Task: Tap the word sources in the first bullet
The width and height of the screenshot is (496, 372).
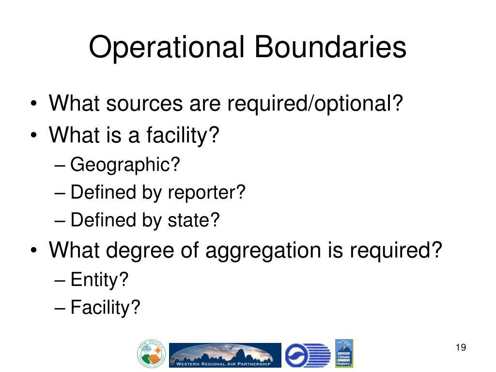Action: [x=149, y=104]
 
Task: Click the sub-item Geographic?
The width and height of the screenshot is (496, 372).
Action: [x=125, y=165]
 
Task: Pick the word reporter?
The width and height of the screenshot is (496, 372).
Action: [x=207, y=193]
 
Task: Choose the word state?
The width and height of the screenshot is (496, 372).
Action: [x=194, y=220]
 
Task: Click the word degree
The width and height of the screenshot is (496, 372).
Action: [x=143, y=251]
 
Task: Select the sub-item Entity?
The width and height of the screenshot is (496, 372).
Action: [x=99, y=279]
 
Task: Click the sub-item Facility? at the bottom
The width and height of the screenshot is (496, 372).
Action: [x=105, y=307]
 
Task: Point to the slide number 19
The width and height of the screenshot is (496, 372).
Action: [x=460, y=348]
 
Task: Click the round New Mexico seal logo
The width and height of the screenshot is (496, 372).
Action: [x=152, y=354]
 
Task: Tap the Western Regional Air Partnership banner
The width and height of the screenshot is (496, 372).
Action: [x=225, y=355]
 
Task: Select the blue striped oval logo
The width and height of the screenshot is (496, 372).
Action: [x=307, y=355]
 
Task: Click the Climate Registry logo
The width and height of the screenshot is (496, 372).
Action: [x=344, y=353]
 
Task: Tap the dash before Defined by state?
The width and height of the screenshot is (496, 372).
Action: [x=60, y=221]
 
